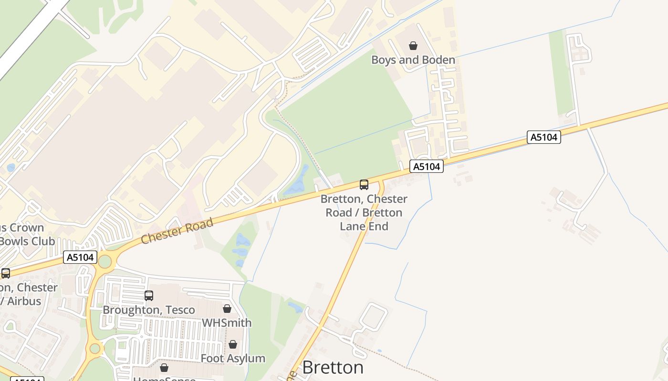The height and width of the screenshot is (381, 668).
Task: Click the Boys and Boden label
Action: [x=413, y=60]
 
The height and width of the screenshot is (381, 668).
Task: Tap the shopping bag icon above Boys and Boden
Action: [x=413, y=46]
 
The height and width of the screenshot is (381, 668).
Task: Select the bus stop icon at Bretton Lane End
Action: [x=364, y=185]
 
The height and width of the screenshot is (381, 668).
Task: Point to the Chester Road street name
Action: [x=177, y=231]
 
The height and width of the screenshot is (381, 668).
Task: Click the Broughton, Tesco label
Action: [x=149, y=310]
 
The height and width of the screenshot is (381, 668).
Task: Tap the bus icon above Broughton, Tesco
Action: [x=149, y=296]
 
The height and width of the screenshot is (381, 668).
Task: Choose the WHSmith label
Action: [x=227, y=323]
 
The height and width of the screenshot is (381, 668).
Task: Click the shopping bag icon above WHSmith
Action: [x=227, y=309]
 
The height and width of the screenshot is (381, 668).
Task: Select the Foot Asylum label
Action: [x=233, y=359]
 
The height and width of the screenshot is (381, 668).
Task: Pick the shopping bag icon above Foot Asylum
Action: [x=233, y=344]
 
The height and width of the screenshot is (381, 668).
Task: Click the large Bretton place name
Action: [x=333, y=367]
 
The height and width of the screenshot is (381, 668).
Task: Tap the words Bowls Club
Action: [x=27, y=241]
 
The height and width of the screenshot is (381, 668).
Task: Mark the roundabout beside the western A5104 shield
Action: [x=104, y=261]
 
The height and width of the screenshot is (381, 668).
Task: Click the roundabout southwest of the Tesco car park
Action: [x=94, y=349]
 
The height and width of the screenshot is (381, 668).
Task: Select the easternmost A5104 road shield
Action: [x=544, y=137]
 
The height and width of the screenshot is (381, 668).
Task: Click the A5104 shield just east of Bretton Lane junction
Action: [x=427, y=167]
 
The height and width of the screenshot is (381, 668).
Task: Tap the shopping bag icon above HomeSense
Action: [x=164, y=368]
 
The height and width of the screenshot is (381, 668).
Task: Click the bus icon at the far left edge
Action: [x=6, y=273]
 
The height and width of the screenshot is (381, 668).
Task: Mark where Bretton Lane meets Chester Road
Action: [x=381, y=178]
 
